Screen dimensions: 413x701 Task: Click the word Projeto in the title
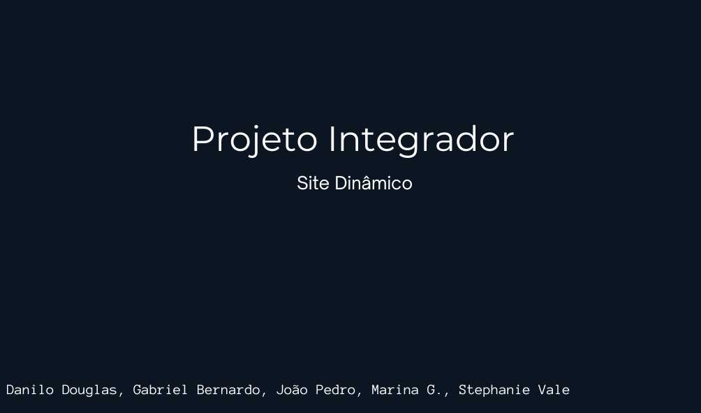255,139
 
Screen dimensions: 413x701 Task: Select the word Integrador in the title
422,139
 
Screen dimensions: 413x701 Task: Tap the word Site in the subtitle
313,183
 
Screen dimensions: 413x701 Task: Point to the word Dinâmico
374,183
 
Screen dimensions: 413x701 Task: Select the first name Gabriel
161,390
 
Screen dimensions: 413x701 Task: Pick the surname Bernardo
228,390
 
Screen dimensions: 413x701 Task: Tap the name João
292,390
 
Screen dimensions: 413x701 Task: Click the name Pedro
335,390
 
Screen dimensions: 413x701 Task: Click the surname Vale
554,390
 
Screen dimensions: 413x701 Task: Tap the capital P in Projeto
203,139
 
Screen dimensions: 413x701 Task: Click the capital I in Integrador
333,139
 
